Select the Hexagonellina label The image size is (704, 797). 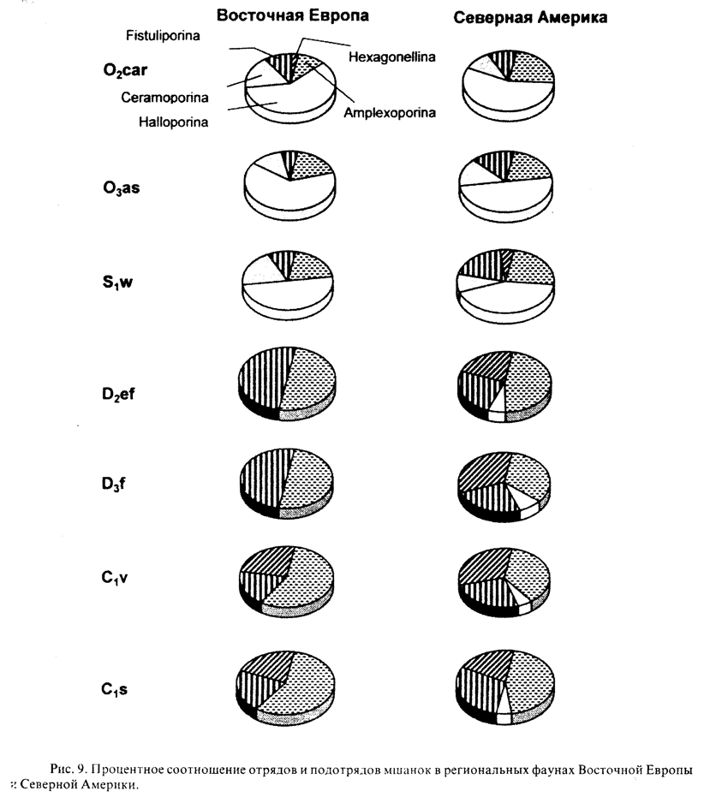(393, 57)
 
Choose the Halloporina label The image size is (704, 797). (175, 122)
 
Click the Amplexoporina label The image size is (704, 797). (390, 112)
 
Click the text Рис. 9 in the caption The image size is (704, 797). (62, 762)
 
